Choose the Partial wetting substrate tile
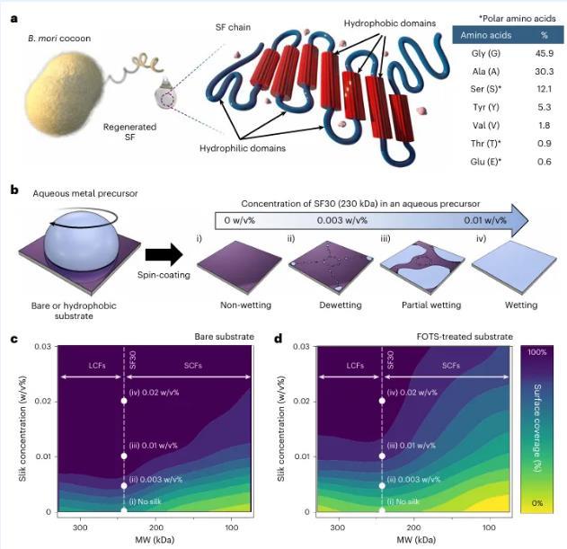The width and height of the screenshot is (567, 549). [410, 271]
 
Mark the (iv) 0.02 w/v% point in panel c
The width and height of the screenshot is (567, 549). [124, 401]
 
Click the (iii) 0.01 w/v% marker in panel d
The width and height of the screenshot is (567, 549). [383, 456]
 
